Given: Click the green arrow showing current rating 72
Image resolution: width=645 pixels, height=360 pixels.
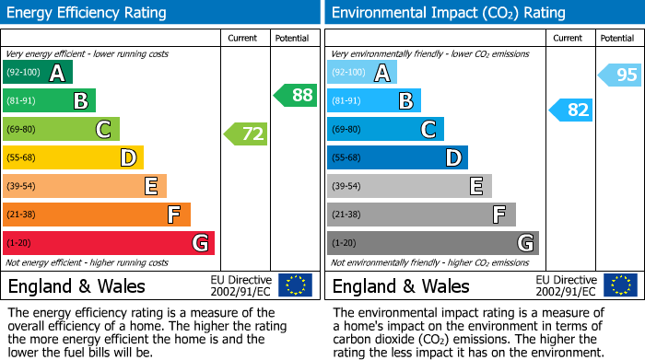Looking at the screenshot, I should point(246,134).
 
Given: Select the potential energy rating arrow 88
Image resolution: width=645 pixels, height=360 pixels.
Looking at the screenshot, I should point(295,95).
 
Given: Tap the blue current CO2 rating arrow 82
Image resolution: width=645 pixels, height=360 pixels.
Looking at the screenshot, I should point(571,110).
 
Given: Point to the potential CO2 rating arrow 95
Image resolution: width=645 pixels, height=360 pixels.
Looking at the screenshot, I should point(620,75).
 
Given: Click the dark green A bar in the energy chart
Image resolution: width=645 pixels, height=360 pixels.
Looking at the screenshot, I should point(37,73).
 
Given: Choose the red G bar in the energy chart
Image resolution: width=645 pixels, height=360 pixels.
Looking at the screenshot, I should point(108,243).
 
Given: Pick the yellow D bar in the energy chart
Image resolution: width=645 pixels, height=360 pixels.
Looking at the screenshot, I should point(73,157).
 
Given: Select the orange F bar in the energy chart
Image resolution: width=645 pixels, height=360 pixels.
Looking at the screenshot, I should point(96,215).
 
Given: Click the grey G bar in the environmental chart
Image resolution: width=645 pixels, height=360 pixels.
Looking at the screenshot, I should point(432,243).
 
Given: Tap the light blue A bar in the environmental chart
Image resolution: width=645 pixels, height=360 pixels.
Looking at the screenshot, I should point(362,73).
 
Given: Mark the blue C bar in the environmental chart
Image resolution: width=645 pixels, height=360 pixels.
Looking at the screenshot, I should point(385,129).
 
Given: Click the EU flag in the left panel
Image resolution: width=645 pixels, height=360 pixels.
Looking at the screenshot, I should point(295,285).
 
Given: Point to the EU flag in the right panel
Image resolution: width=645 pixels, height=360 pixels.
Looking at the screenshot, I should point(620,285).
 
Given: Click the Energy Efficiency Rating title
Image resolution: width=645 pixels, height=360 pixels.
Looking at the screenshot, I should point(88,13).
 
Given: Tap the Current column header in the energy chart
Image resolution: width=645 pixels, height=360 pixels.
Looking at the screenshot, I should point(244,38).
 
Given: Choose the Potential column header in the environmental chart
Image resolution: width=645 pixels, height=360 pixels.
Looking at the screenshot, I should point(617,38).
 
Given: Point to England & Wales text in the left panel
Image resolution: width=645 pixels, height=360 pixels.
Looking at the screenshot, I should point(76,285).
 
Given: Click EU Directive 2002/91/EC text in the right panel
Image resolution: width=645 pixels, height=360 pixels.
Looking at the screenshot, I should point(566,285).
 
